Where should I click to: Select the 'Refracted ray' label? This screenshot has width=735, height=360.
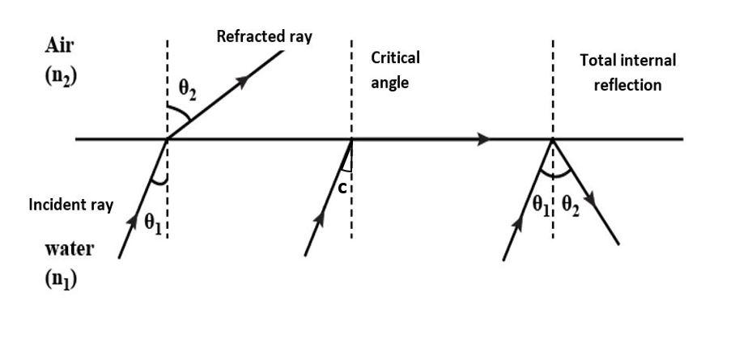pos(264,36)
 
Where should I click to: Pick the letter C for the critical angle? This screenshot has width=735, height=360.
pos(342,188)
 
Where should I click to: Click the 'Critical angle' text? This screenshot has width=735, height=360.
pos(395,70)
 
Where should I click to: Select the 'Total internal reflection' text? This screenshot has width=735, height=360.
pos(627,72)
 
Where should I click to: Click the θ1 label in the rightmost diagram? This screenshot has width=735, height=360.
pos(541,205)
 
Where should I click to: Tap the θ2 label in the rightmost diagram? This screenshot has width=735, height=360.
pos(571,205)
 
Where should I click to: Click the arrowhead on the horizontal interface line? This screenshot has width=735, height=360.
pos(483,139)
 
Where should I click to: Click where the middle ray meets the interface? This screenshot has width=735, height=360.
pos(351,139)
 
